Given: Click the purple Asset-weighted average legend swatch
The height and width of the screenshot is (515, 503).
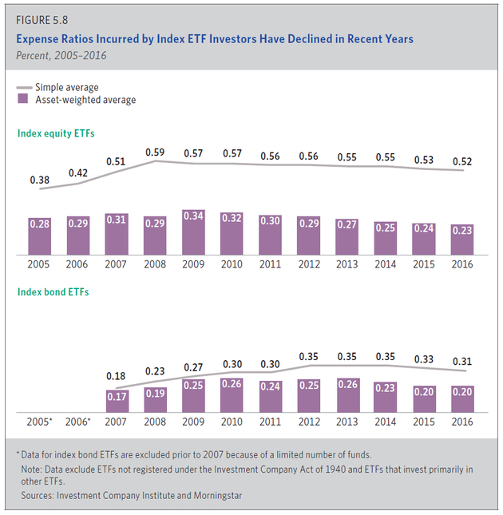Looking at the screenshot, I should click(x=23, y=100).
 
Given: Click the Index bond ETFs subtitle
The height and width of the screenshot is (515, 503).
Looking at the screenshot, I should click(x=53, y=292).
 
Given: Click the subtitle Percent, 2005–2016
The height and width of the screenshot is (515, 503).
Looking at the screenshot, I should click(x=61, y=55).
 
